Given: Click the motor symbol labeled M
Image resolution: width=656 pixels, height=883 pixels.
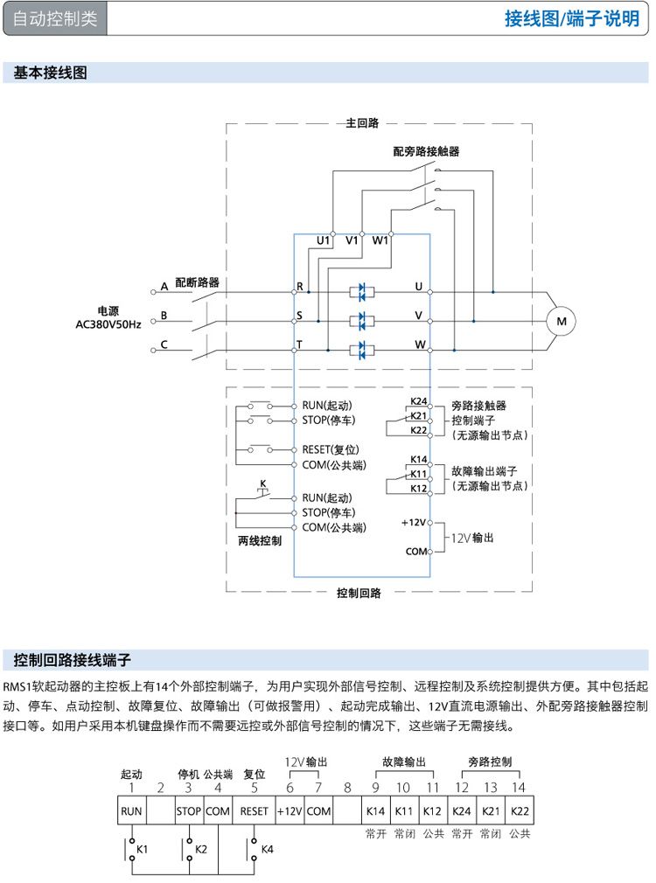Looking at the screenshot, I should [562, 322].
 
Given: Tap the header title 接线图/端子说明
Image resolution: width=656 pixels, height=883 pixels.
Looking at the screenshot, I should [572, 19].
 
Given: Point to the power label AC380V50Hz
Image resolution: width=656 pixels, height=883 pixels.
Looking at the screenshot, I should [108, 324].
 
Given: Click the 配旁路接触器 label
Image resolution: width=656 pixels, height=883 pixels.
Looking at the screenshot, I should [426, 151].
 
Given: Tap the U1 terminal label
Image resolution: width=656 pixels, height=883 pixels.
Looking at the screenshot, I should [323, 239].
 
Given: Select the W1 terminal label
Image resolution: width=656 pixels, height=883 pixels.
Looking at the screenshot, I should [380, 239].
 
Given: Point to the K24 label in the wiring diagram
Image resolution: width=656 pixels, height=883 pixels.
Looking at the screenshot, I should [418, 402].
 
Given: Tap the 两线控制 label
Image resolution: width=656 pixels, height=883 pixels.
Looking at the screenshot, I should [260, 540].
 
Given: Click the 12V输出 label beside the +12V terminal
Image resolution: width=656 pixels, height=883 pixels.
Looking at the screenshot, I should [472, 537].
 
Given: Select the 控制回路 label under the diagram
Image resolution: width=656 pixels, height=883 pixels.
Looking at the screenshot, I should [359, 593].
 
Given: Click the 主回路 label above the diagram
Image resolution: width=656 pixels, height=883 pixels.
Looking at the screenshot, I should [362, 123].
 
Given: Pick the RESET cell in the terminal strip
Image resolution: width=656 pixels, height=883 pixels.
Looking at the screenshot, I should [254, 810].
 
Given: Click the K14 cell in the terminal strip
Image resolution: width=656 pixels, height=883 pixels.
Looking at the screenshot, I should [376, 810].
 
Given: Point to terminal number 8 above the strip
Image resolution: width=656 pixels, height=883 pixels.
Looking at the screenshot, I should [347, 788].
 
